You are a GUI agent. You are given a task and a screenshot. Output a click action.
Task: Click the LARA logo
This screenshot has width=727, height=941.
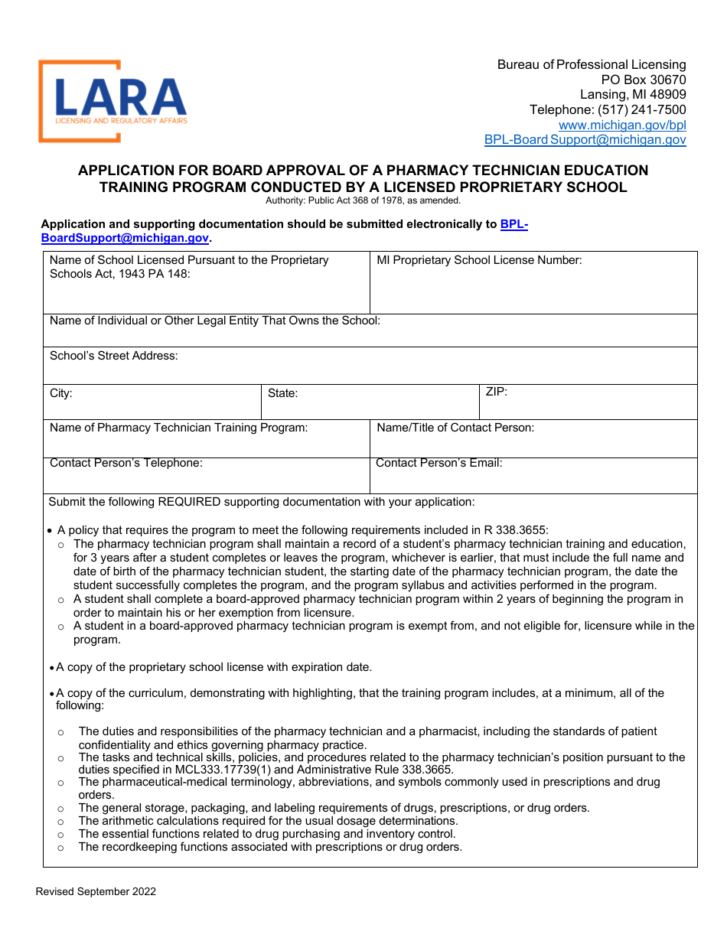point(112,101)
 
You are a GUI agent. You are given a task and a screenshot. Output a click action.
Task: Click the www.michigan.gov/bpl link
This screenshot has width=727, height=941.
point(621,125)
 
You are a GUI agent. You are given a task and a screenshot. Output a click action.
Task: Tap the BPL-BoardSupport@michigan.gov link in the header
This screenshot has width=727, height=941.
point(585,139)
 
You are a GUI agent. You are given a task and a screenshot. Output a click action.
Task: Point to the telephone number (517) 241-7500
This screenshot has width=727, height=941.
point(641,109)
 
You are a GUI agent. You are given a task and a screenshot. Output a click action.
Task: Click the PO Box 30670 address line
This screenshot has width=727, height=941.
point(643,80)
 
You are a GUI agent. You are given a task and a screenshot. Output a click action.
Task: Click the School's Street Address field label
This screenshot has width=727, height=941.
point(113,356)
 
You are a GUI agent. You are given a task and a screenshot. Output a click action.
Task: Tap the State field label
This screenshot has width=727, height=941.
point(282,393)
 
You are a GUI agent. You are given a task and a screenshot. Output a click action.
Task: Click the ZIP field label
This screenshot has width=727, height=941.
point(496,392)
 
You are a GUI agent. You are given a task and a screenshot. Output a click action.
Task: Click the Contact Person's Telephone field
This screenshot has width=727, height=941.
point(206,480)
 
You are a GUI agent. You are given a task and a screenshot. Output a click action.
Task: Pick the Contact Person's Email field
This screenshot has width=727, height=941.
point(533,480)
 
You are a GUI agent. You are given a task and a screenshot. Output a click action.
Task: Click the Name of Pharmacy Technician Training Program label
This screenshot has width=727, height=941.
point(178,428)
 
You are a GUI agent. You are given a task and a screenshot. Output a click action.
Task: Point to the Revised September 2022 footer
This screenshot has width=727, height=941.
point(96,891)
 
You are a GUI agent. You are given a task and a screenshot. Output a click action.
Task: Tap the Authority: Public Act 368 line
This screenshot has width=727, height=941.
point(363,200)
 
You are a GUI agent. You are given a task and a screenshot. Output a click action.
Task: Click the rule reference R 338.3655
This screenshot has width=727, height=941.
point(515,530)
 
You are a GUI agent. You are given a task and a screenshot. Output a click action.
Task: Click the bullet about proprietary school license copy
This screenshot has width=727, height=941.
point(214,667)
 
